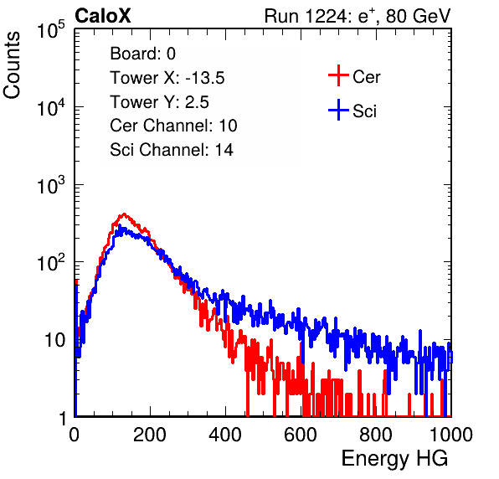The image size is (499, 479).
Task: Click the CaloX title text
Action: pos(102,16)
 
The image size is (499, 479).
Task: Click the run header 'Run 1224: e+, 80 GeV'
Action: pos(358,16)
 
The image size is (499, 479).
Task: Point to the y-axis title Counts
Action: pos(12,65)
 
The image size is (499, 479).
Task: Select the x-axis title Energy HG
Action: pos(394,458)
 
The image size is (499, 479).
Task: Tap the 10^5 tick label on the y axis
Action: pos(51,30)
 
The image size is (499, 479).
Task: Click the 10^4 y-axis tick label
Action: pos(51,107)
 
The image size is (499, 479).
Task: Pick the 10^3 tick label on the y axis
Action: pos(51,185)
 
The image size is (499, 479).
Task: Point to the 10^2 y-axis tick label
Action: pos(51,263)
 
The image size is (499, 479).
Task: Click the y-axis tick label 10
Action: pos(55,340)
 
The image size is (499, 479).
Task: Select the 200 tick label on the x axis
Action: pos(150,435)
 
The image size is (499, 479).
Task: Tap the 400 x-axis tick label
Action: pos(225,435)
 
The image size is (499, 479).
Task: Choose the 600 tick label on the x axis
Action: pos(301,435)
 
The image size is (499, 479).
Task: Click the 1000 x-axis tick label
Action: pos(451,435)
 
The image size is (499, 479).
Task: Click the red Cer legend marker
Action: pos(338,75)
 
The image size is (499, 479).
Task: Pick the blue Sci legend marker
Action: pos(338,111)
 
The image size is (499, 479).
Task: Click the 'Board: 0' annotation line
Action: pos(143,54)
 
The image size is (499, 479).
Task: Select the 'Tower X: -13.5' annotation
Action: pos(167,78)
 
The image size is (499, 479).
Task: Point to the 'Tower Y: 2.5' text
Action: pos(159,102)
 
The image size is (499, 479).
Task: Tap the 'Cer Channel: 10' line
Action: pos(173,126)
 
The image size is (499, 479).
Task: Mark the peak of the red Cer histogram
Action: pos(124,214)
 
